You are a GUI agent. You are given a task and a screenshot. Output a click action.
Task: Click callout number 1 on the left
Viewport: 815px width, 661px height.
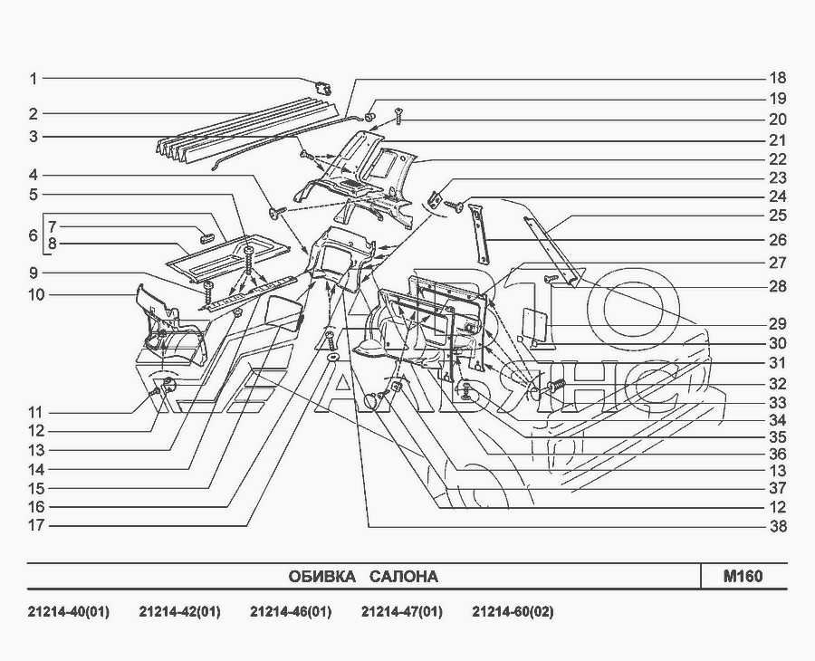coord(34,79)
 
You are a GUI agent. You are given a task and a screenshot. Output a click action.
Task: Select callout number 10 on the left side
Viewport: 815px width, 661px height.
coord(36,294)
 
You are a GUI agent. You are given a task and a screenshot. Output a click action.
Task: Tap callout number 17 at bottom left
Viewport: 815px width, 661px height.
coord(36,525)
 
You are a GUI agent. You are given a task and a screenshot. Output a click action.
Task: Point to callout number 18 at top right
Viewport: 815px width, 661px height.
coord(778,78)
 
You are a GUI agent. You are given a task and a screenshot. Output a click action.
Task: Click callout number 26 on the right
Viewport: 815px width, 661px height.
coord(778,240)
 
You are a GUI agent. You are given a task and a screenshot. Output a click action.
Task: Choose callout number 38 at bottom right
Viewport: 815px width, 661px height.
coord(778,526)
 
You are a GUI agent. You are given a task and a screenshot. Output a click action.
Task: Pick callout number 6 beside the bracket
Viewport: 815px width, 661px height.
coord(34,235)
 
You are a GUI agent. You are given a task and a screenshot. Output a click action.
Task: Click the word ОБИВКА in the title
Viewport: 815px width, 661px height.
coord(322,577)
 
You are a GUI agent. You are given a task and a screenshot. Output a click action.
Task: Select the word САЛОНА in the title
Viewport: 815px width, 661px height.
coord(404,577)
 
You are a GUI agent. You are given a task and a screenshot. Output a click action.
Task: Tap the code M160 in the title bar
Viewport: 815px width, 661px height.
coord(743,576)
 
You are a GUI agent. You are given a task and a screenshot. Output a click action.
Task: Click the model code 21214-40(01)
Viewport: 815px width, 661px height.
coord(69,611)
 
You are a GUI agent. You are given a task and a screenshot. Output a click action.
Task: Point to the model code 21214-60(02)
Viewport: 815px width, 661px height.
coord(513,611)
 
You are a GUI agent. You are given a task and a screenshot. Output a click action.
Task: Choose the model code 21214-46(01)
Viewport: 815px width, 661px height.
coord(291,611)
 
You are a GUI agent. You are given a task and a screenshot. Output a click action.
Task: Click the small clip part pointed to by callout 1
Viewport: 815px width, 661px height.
coord(324,88)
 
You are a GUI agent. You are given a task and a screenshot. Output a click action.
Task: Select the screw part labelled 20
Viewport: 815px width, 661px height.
coord(398,115)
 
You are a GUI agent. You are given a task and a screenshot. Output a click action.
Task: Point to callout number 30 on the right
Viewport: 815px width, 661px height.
coord(778,343)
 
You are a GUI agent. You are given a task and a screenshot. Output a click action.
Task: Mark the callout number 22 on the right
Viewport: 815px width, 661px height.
coord(778,159)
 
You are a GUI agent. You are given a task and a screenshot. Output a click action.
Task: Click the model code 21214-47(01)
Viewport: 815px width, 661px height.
coord(402,611)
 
